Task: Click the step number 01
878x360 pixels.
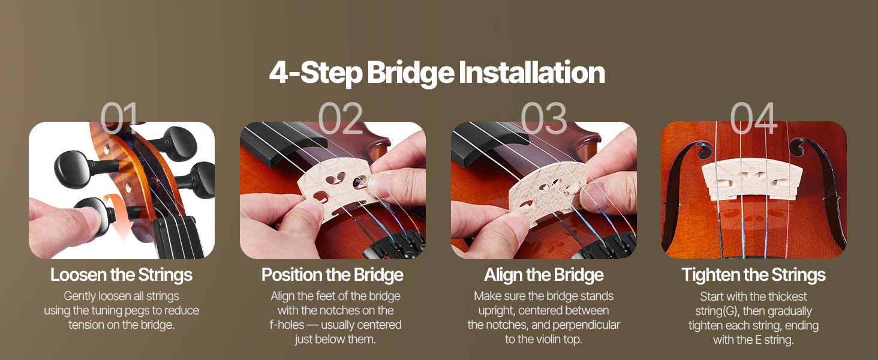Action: (x=119, y=118)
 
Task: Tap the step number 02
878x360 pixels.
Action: (x=340, y=118)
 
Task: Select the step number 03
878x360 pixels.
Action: (x=544, y=118)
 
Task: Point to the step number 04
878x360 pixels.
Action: (x=753, y=118)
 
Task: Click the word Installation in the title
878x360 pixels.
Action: (x=531, y=73)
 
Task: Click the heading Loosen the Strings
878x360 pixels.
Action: (x=121, y=275)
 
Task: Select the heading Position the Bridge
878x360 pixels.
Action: (x=332, y=275)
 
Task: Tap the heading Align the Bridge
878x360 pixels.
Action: (x=544, y=275)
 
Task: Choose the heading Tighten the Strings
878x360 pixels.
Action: (x=753, y=275)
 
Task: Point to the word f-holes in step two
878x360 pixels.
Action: (x=287, y=325)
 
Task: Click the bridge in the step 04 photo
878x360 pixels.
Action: (x=752, y=179)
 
